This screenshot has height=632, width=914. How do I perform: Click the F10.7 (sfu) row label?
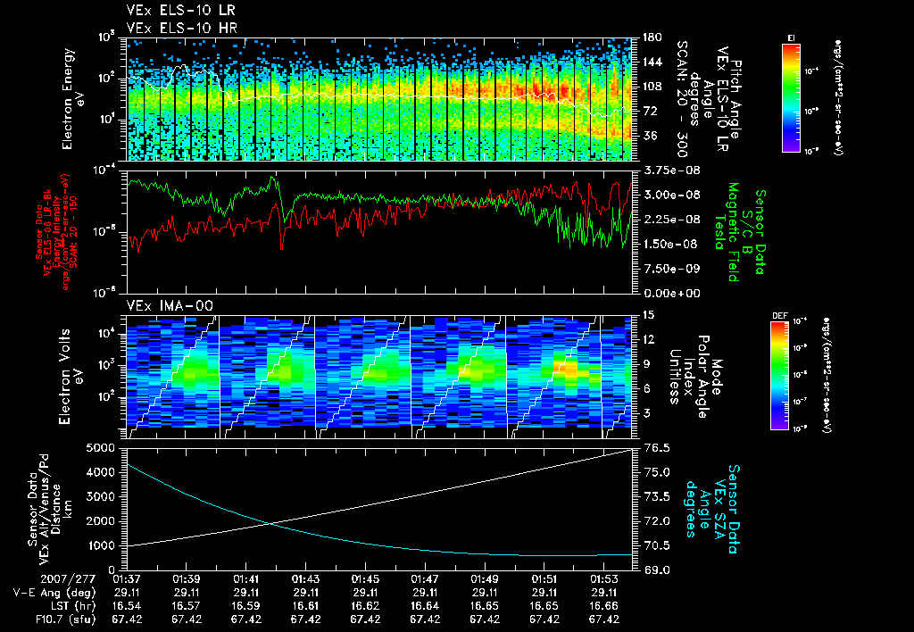point(61,618)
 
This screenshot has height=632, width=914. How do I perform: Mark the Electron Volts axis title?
point(68,370)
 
